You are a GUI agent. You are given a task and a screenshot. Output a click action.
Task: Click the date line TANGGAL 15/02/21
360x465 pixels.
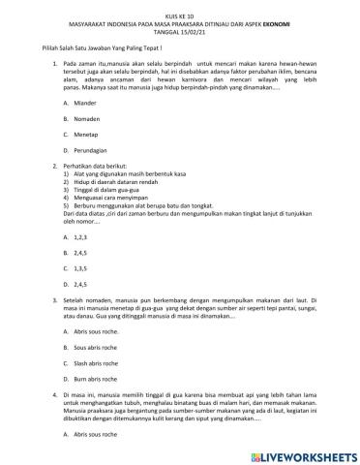point(180,25)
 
